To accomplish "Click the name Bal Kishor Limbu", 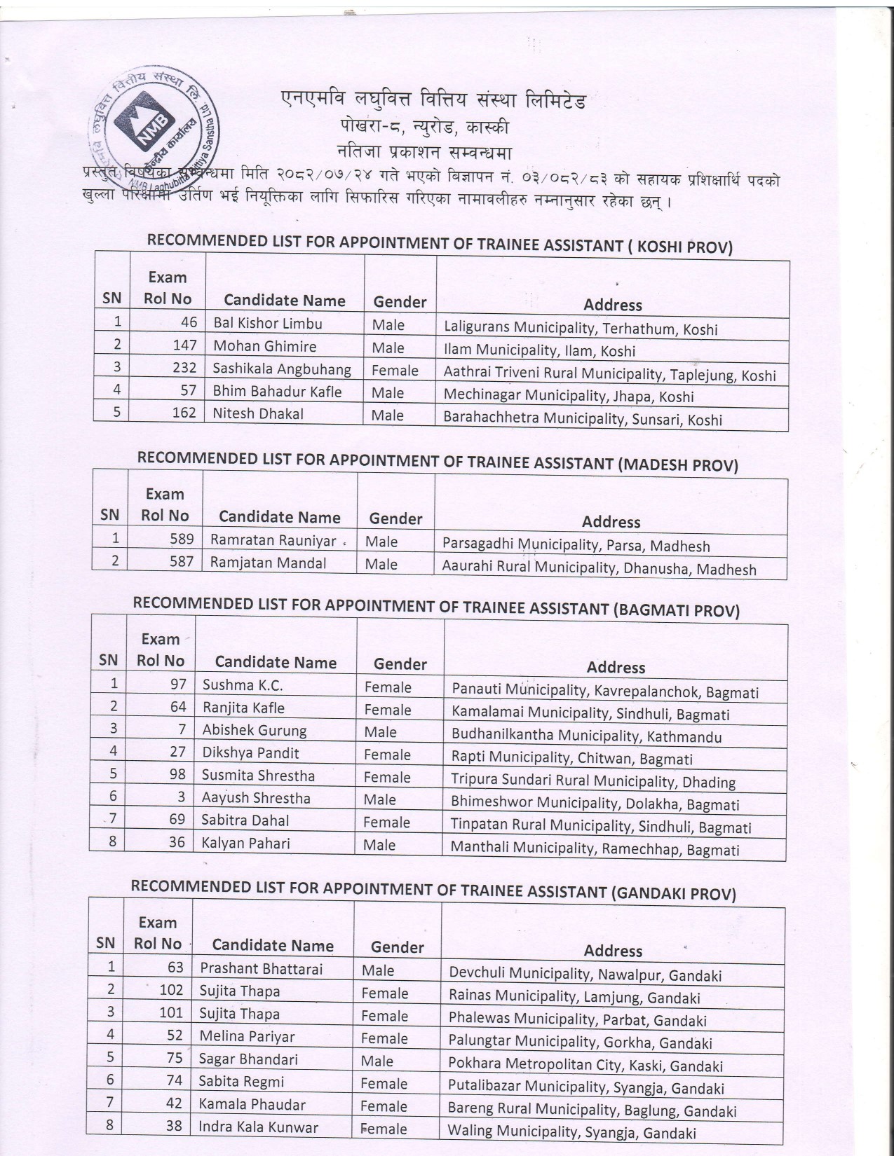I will (268, 324).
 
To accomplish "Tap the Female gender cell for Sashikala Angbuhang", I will (395, 371).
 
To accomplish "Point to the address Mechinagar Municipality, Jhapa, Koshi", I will (568, 396).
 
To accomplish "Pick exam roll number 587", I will (181, 562).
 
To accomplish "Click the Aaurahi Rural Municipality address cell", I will (599, 567).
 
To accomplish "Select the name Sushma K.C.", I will (243, 685).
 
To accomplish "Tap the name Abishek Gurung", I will (255, 731).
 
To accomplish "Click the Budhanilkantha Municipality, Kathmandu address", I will (586, 736).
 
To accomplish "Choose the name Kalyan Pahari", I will (245, 844).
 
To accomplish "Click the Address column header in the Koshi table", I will (612, 305).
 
